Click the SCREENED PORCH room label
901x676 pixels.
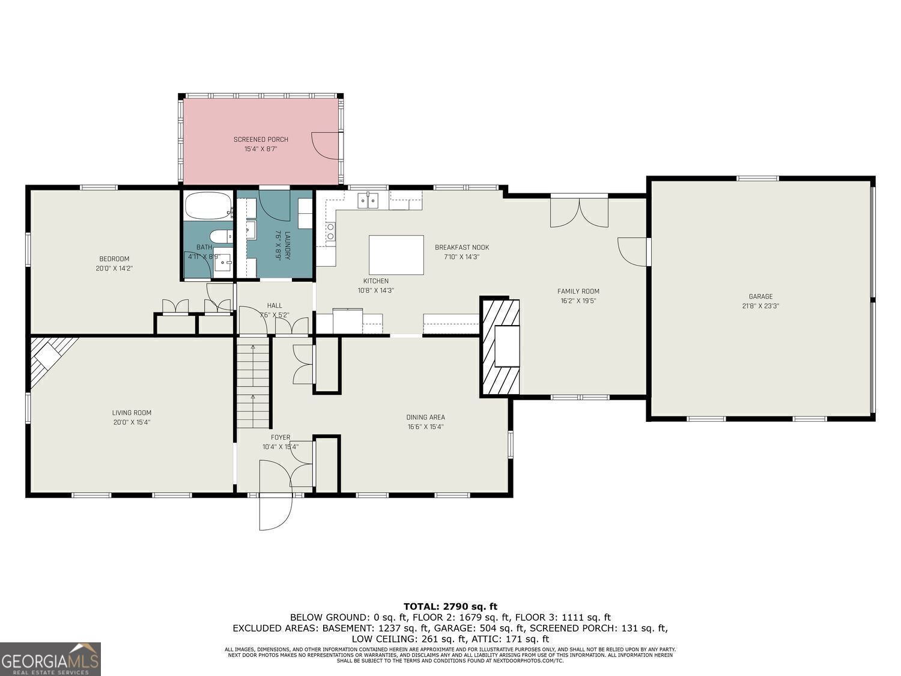tap(261, 139)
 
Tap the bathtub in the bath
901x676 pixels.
tap(208, 206)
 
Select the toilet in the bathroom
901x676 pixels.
tap(220, 236)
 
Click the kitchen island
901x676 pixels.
tap(396, 255)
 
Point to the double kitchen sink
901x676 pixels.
tap(368, 200)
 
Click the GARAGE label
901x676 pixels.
tap(760, 296)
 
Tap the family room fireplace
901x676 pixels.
tap(500, 346)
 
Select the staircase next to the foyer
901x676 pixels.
tap(253, 382)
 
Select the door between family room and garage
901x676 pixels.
tap(632, 251)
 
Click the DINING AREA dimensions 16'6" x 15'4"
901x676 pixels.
tap(425, 427)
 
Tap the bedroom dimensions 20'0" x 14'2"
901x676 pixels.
tap(114, 269)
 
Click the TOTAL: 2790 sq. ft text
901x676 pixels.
tap(450, 606)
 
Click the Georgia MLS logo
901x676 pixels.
tap(50, 659)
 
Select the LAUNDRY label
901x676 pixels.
tap(287, 245)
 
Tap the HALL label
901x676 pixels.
tap(275, 305)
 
